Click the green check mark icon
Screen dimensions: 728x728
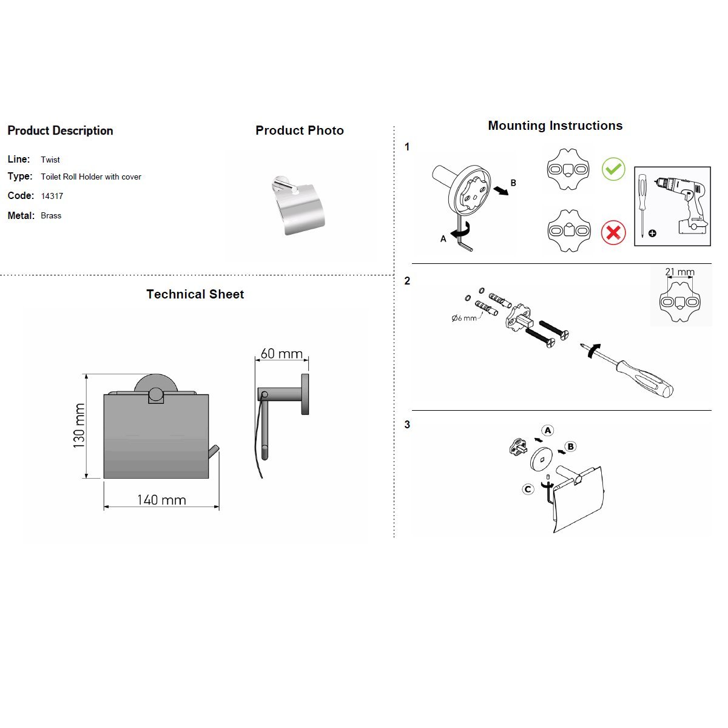tap(613, 169)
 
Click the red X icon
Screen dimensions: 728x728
tap(613, 232)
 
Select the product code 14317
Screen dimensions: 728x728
tap(52, 196)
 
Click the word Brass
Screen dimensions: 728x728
tap(51, 215)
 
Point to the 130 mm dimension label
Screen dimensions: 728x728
tap(79, 426)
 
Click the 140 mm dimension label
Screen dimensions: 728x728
tap(161, 500)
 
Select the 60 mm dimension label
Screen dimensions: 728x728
tap(281, 353)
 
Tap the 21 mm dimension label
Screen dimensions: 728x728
tap(679, 272)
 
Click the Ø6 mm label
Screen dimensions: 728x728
tap(464, 318)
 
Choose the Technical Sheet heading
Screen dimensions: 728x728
tap(195, 294)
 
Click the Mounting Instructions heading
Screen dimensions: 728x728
tap(555, 126)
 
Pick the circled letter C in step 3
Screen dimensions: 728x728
tap(528, 489)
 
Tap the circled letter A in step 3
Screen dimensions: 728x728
tap(548, 431)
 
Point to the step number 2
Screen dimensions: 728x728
tap(407, 281)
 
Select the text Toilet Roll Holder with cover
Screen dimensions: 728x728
tap(91, 177)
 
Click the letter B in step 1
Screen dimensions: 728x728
tap(513, 183)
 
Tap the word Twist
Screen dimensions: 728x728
tap(50, 160)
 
